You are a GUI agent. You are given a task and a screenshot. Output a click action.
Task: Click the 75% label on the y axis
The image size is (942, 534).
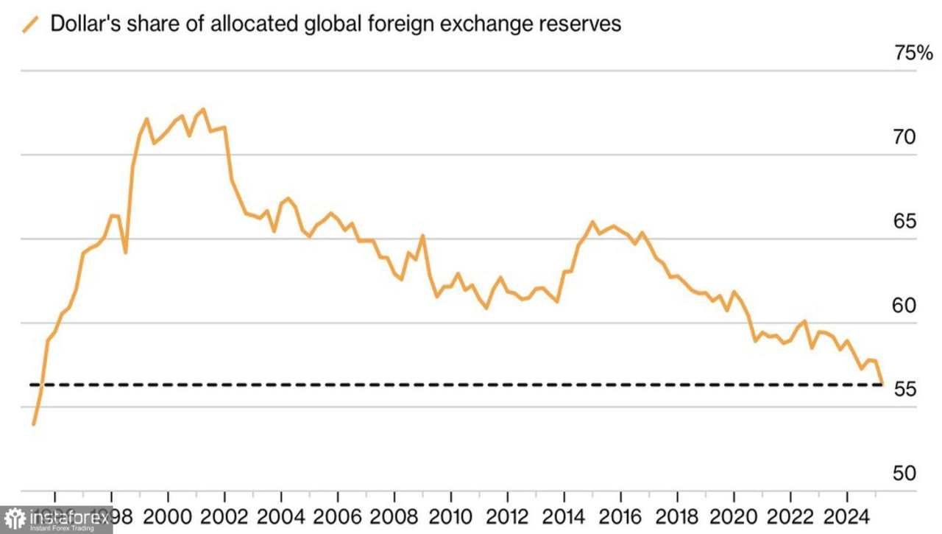[x=913, y=53]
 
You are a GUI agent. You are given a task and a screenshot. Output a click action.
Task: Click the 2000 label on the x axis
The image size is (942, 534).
[x=168, y=515]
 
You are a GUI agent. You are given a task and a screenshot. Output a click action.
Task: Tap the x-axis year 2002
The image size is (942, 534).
[x=224, y=515]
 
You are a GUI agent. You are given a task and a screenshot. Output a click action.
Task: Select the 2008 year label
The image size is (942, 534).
[x=394, y=515]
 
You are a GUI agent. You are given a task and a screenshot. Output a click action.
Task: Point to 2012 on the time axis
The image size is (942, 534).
[x=508, y=515]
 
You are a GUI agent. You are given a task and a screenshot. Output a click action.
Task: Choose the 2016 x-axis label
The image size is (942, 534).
[x=620, y=515]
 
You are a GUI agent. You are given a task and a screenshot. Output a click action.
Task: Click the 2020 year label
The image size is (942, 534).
[x=734, y=515]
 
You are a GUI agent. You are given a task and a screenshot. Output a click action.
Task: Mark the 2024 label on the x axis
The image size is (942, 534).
[x=847, y=515]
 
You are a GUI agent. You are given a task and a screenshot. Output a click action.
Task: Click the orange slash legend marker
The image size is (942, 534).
[x=31, y=24]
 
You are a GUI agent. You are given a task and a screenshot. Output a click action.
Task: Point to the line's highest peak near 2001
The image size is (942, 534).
[x=203, y=109]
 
